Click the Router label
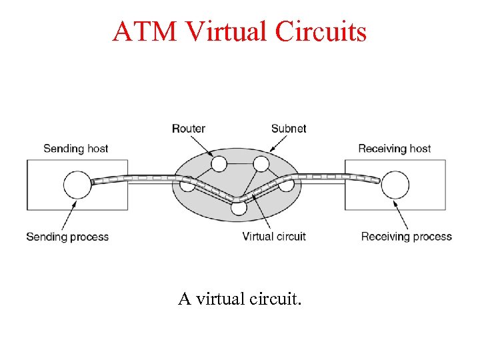pyautogui.click(x=189, y=128)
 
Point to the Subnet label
pyautogui.click(x=289, y=128)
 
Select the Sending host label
pyautogui.click(x=75, y=148)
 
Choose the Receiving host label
pyautogui.click(x=395, y=148)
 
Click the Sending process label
pyautogui.click(x=67, y=237)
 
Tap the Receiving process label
pyautogui.click(x=407, y=237)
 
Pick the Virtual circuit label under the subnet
pyautogui.click(x=274, y=237)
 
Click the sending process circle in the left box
pyautogui.click(x=77, y=185)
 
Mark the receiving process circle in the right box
pyautogui.click(x=395, y=185)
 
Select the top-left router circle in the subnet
pyautogui.click(x=219, y=163)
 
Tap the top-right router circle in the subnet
pyautogui.click(x=261, y=163)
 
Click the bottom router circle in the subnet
pyautogui.click(x=239, y=207)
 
